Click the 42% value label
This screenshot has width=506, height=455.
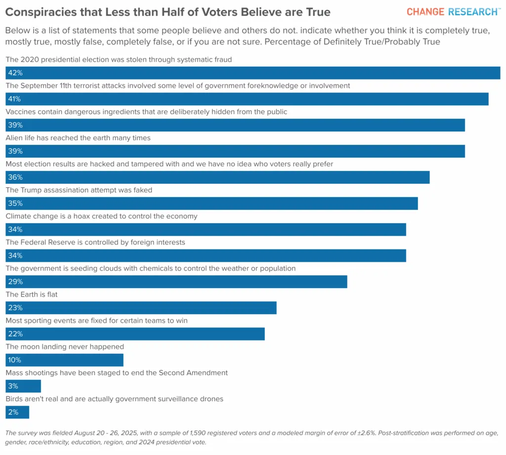coord(15,73)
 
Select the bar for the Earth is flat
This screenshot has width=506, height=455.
coord(141,308)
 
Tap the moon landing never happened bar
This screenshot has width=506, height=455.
coord(65,360)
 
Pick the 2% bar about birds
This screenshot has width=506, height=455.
coord(17,412)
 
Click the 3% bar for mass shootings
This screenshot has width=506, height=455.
coord(23,386)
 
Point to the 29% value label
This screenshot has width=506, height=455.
coord(15,282)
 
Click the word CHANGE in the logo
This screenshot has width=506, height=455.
coord(425,12)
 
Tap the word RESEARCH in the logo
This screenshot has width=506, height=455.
coord(473,12)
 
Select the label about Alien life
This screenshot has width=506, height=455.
coord(78,138)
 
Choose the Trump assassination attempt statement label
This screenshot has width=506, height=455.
coord(79,190)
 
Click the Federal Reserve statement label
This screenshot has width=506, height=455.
coord(95,243)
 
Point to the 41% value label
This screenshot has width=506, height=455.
coord(14,99)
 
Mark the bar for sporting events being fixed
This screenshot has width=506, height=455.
coord(135,334)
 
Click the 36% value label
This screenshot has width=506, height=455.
coord(15,177)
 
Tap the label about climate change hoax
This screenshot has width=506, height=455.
coord(101,216)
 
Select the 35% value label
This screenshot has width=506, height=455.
coord(15,204)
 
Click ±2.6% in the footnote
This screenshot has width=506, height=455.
coord(366,433)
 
